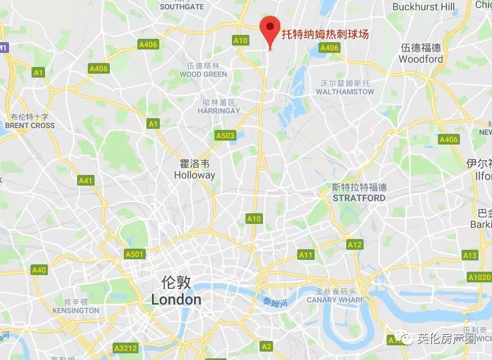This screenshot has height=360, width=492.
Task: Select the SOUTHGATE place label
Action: pos(182,7)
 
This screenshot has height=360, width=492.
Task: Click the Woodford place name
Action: pos(421,59)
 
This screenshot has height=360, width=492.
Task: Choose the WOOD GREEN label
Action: pos(203,74)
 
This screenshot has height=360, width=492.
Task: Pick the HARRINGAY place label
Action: pos(219,111)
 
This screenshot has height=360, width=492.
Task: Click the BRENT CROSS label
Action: pos(30,125)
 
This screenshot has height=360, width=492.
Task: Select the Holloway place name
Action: pos(194,175)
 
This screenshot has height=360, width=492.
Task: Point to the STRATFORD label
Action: pos(359,198)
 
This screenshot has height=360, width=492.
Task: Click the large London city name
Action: pos(176,299)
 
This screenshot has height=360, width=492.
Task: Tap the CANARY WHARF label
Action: pos(336,300)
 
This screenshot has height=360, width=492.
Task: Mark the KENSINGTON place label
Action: pos(75,310)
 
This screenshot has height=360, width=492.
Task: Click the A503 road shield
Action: pos(225,136)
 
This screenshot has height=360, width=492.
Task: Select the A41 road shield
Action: pos(86,181)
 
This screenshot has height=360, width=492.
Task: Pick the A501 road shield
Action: pos(135,254)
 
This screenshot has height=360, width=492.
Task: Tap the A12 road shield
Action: pos(355,245)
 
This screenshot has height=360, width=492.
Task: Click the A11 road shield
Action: pos(306,255)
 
